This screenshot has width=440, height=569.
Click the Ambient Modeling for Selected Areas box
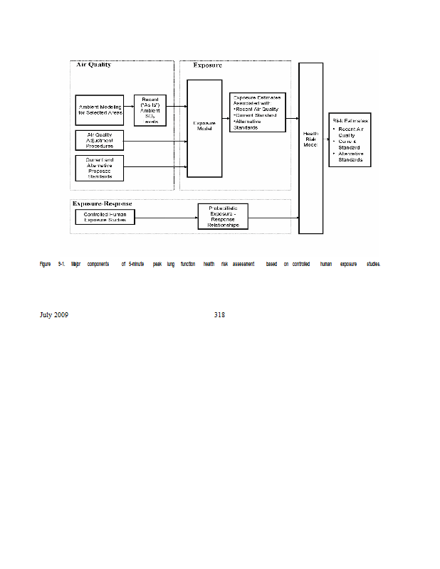pos(100,110)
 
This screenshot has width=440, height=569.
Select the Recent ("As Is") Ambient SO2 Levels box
pos(150,110)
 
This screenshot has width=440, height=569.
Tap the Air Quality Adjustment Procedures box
pos(100,140)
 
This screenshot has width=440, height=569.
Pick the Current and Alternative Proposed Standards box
pos(100,168)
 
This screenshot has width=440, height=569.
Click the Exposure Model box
pos(204,128)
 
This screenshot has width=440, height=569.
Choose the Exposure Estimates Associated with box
pos(257,112)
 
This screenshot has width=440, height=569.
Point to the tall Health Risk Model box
pos(310,148)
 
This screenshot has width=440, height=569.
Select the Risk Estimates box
pos(350,139)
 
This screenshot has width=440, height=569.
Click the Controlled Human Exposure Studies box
pos(105,217)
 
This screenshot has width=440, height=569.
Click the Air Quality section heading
pos(93,65)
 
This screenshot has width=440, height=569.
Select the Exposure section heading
pos(208,65)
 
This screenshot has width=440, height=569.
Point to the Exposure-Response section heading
pos(103,204)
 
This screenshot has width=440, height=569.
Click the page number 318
pos(219,315)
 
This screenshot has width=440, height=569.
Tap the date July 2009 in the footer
pos(54,315)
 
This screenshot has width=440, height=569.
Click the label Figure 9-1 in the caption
pos(53,264)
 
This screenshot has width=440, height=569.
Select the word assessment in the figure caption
pos(243,264)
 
